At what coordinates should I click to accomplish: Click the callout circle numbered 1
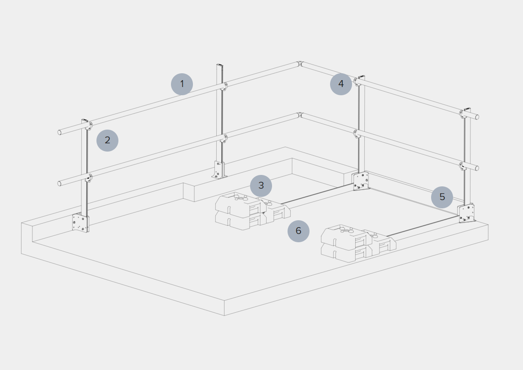click(182, 84)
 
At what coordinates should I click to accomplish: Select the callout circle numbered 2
click(107, 141)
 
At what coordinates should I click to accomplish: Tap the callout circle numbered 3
click(261, 186)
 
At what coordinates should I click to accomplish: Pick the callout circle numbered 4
click(341, 84)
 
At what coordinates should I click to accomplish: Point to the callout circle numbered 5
click(442, 197)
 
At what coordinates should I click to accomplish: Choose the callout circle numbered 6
click(299, 231)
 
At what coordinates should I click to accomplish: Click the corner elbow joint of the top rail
click(300, 64)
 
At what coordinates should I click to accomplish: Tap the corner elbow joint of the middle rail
click(300, 115)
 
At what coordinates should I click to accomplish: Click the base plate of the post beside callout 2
click(80, 223)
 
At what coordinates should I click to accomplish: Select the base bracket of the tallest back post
click(219, 170)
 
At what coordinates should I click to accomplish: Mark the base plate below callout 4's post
click(361, 181)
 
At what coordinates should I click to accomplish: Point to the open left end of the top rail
click(59, 133)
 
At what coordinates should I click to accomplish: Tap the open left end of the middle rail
click(59, 184)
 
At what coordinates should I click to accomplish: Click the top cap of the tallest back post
click(220, 65)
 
